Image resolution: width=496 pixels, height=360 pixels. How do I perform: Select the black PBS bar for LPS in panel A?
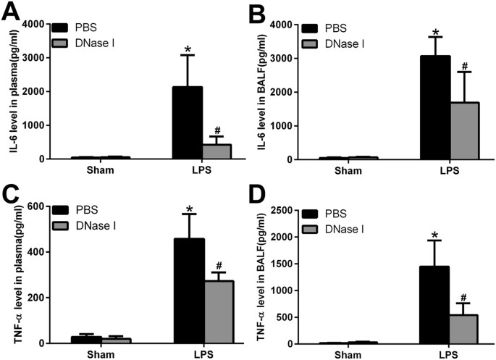click(x=188, y=122)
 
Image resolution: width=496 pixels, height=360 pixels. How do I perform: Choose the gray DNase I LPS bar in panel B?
click(x=465, y=130)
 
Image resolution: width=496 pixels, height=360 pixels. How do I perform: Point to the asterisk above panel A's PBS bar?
click(x=188, y=50)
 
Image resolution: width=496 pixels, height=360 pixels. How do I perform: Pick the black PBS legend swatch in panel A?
click(x=62, y=27)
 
